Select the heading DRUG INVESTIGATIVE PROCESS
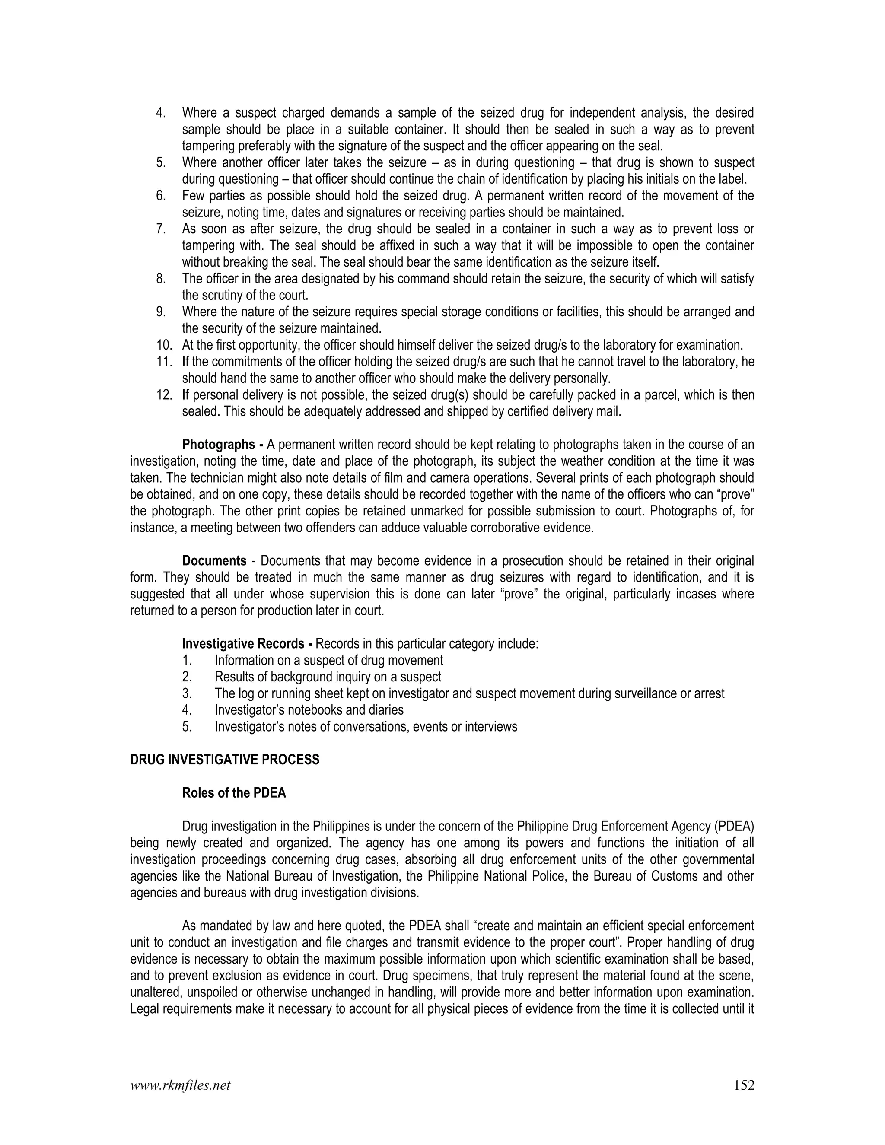tap(224, 760)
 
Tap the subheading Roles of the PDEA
tap(234, 793)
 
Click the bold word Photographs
tap(218, 445)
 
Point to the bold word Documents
tap(214, 561)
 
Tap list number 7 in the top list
tap(161, 229)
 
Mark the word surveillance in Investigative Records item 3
tap(644, 693)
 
